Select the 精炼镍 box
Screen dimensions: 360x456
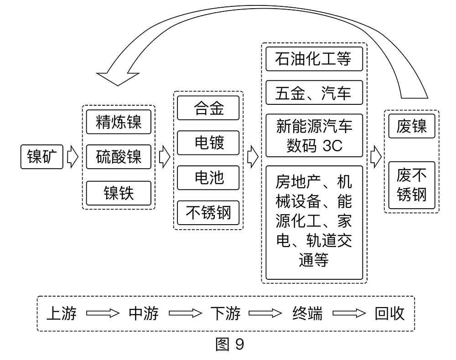119,122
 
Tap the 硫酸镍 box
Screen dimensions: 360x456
119,157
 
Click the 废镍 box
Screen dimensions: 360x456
411,126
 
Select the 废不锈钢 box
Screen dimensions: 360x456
411,188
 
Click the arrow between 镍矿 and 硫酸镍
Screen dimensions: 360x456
73,157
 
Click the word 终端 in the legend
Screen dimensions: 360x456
307,314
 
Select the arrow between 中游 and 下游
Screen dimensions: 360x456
185,314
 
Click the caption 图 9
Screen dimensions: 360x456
229,344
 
